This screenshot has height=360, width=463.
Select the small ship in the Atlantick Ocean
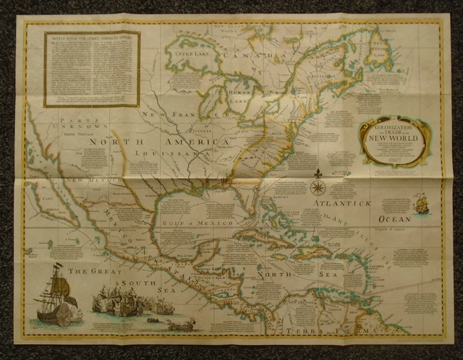422,205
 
